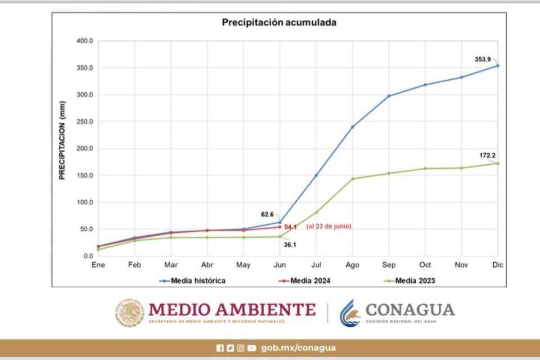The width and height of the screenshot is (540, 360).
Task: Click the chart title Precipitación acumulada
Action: [x=279, y=22]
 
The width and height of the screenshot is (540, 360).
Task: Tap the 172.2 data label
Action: [x=487, y=155]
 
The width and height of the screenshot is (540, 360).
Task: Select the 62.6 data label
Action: [x=267, y=215]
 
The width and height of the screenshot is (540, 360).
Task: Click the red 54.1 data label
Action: [x=290, y=227]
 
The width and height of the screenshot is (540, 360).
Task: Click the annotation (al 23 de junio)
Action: [x=328, y=227]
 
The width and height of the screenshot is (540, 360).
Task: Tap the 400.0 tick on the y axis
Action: [x=84, y=41]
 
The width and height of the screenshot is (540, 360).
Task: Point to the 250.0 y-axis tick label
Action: [x=84, y=121]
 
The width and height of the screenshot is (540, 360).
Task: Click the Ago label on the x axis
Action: [x=352, y=265]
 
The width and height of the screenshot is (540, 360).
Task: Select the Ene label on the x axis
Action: [x=98, y=265]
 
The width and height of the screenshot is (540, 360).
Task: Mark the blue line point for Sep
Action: [x=389, y=96]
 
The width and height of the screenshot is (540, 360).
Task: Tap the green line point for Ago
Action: [x=352, y=179]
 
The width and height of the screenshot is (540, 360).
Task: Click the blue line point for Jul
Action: [x=316, y=175]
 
